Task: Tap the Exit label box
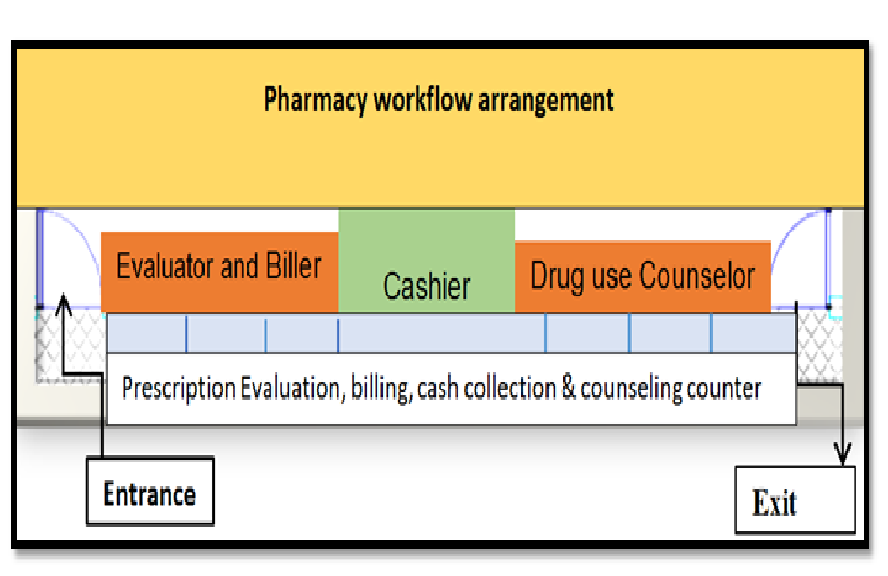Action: coord(795,500)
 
